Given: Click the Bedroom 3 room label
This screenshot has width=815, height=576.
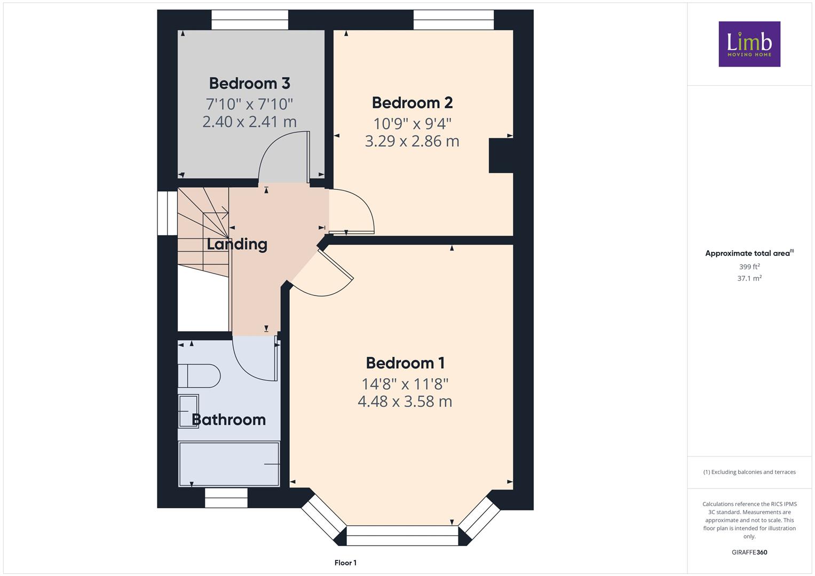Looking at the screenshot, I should click(249, 83).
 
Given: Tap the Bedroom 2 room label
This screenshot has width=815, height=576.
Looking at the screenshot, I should click(412, 102).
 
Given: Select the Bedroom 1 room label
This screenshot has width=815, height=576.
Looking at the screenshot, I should click(405, 363).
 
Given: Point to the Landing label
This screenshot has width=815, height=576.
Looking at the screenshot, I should click(237, 244).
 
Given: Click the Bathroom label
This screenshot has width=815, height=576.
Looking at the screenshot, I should click(228, 420).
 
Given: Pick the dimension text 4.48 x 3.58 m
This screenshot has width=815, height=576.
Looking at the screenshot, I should click(405, 402).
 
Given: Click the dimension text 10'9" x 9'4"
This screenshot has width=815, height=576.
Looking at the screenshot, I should click(412, 124).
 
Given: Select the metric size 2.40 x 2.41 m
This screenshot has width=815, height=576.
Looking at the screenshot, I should click(249, 122).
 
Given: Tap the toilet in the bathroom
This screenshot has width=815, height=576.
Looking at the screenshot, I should click(199, 376).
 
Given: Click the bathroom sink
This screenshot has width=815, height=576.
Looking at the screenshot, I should click(188, 411).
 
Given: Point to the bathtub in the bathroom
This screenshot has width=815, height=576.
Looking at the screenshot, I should click(229, 464).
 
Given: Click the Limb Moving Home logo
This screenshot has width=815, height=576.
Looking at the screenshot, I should click(749, 44).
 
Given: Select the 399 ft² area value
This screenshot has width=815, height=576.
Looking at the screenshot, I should click(749, 267).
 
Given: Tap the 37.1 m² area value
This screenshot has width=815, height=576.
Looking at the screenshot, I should click(749, 278).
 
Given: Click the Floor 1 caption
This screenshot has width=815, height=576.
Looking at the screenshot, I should click(345, 563).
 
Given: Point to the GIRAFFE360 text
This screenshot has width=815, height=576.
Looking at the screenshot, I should click(749, 553).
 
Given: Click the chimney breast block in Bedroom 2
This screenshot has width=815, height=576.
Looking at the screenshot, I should click(501, 155).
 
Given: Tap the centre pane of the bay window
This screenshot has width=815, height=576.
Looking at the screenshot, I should click(402, 535).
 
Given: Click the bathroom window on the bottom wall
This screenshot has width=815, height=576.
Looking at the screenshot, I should click(226, 498).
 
